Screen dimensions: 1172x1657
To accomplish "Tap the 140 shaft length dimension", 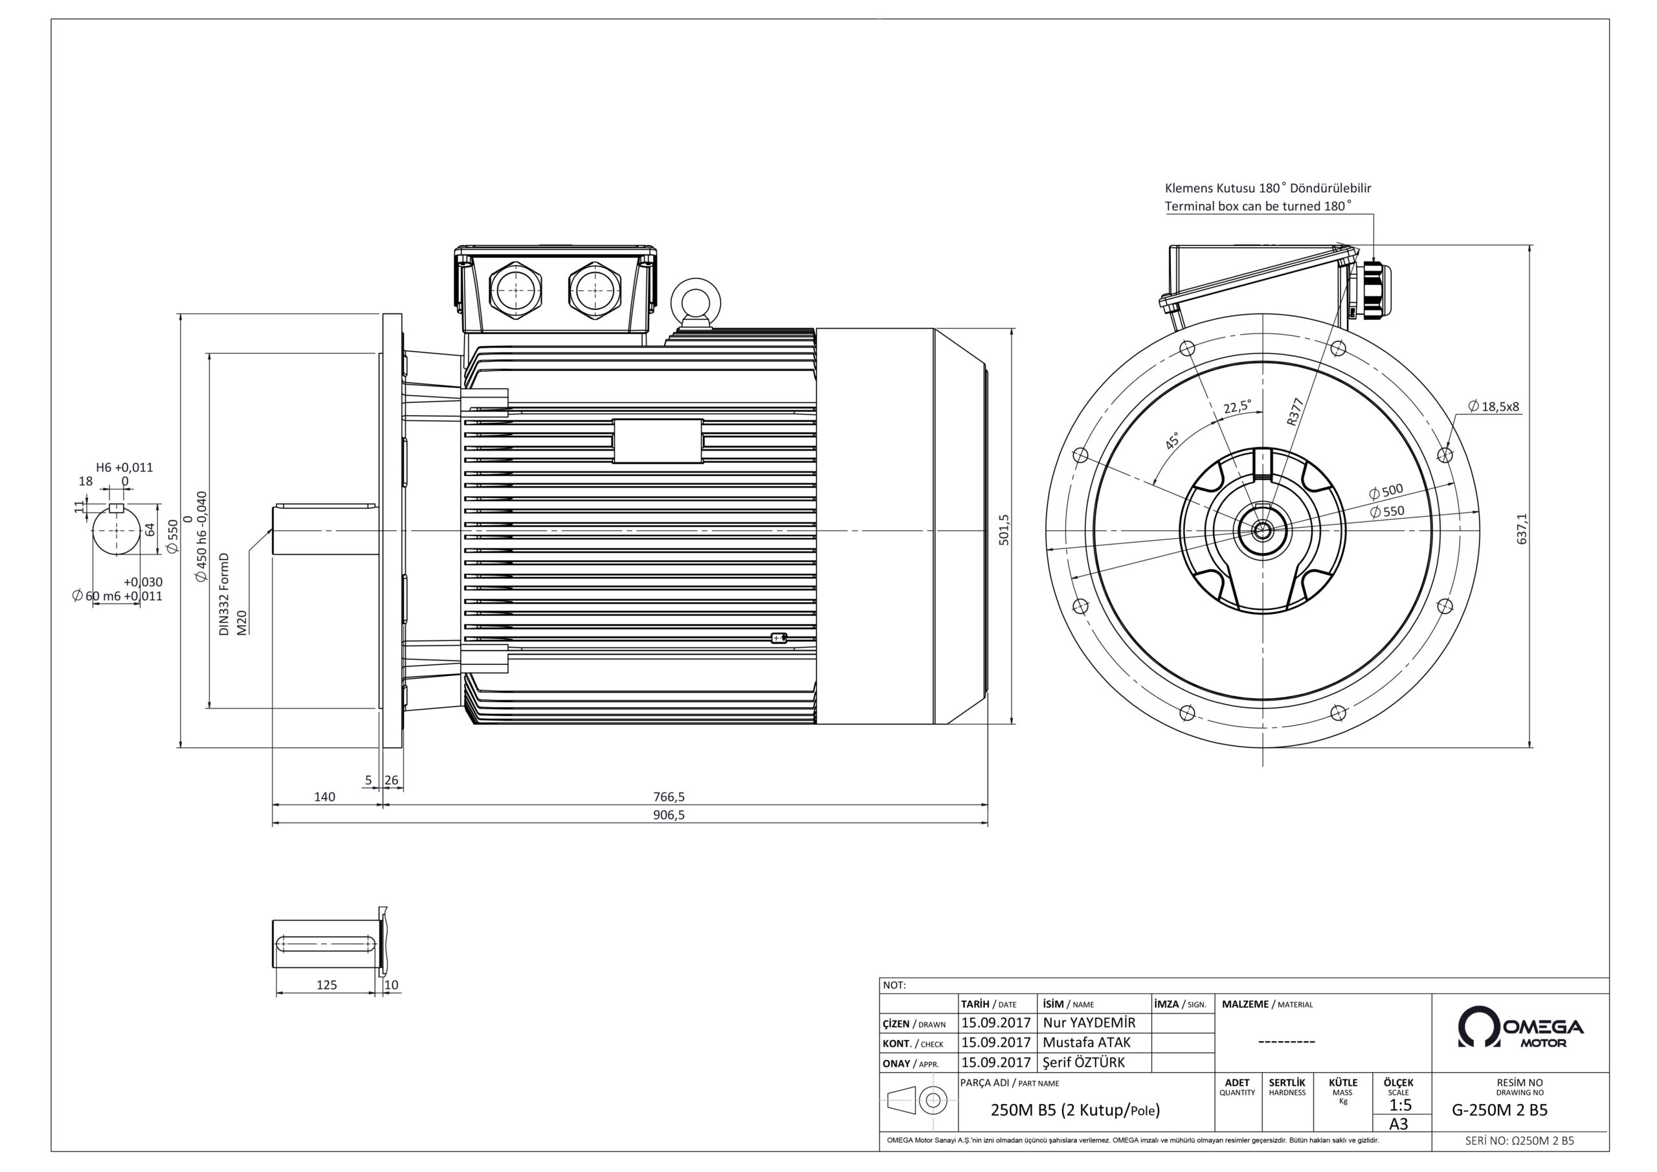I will coord(325,796).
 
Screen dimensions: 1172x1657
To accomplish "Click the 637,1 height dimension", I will coord(1522,528).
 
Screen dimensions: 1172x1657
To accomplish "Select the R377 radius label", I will coord(1295,412).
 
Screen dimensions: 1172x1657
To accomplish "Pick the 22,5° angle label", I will coord(1237,407).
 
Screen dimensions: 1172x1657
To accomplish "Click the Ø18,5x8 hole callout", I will coord(1493,407).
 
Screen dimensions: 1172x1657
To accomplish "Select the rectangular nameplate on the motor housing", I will coord(658,440).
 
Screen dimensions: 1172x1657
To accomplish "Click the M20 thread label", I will coord(243,622).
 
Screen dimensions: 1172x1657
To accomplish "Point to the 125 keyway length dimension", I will coord(326,984).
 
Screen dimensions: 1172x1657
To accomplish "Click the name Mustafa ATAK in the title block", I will coord(1086,1042).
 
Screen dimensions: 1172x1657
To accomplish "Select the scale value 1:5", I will coord(1400,1105).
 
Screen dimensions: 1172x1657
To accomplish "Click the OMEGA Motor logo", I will coord(1520,1028).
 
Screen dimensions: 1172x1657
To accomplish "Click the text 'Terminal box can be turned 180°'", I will coord(1257,206).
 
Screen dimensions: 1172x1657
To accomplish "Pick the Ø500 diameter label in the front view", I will coord(1386,491).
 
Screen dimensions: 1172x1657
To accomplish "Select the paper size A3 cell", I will coord(1399,1124).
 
